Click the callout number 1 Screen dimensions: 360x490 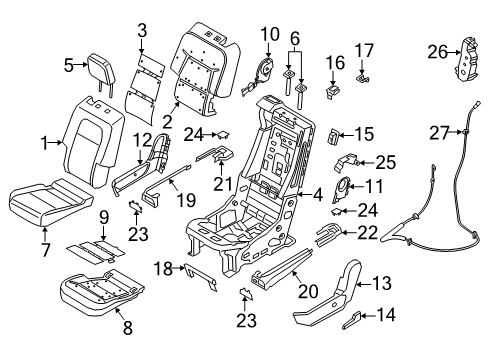tap(44, 143)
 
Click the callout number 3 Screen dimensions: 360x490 tap(142, 29)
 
